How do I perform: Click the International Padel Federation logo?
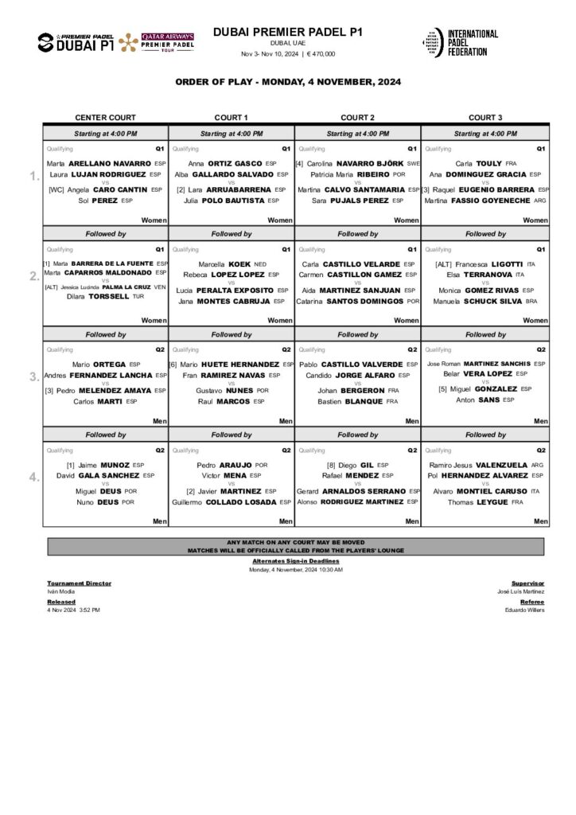point(460,42)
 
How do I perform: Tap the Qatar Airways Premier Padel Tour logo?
point(168,41)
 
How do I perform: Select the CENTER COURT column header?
point(105,117)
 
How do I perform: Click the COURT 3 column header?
point(485,117)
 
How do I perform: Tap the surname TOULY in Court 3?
point(489,163)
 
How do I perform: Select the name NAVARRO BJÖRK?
point(371,163)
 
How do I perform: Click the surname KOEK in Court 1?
point(240,263)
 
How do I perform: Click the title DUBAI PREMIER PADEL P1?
point(288,32)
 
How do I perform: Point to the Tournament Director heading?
point(79,583)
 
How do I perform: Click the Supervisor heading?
point(527,583)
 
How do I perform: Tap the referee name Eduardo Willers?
point(524,610)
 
